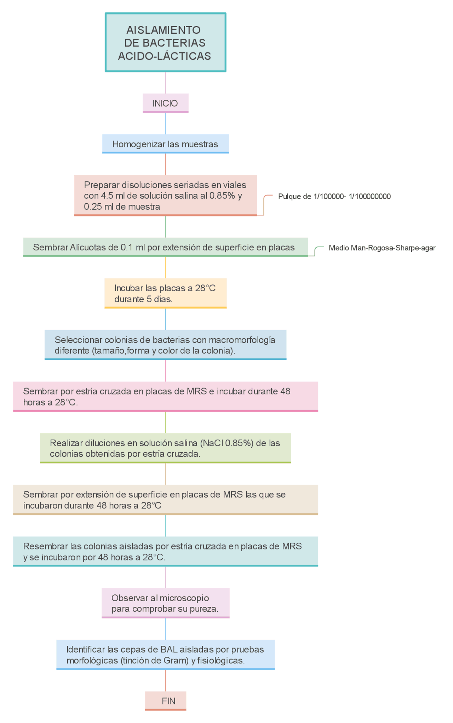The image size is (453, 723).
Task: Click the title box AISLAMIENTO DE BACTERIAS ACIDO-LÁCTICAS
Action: point(165,43)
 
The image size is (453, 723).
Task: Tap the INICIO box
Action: point(165,103)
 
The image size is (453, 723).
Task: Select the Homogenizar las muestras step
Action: point(165,144)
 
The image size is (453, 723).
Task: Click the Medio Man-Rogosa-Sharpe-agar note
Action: point(382,248)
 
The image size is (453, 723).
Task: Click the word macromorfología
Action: point(242,340)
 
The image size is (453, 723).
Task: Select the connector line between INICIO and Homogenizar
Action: point(166,124)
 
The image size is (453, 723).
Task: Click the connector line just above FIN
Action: point(166,680)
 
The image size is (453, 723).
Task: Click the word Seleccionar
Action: point(73,340)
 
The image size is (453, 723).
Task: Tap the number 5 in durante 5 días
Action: point(149,299)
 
